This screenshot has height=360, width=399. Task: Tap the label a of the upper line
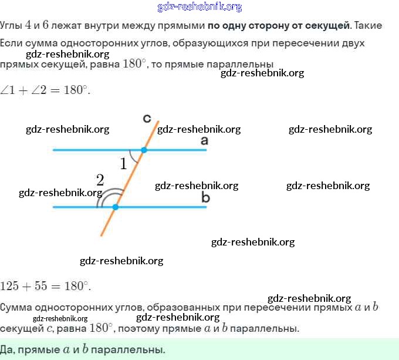coord(204,140)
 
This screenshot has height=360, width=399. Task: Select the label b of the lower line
coord(205,198)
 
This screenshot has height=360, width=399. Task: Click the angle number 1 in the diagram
coord(123,164)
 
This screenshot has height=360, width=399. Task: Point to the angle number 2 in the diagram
coord(100,180)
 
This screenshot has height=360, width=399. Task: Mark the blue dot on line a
coord(144,150)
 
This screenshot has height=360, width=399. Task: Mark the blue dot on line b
coord(116,207)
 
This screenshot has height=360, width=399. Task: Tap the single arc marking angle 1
coord(133,156)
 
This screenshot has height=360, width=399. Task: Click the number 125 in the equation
coord(10,287)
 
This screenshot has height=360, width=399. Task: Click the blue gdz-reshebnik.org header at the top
coord(199,7)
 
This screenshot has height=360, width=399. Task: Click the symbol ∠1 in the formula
coord(8,90)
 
